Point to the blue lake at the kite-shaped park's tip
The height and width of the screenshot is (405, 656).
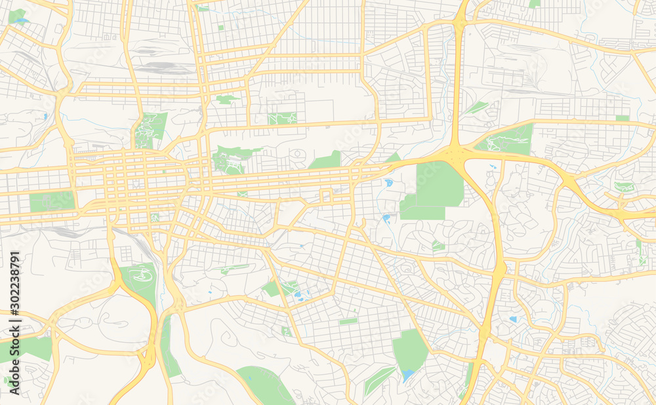point(408,375)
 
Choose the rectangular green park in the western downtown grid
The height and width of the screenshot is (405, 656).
point(51,201)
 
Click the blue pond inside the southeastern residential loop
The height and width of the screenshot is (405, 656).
point(512,319)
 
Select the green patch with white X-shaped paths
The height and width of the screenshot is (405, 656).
point(283,118)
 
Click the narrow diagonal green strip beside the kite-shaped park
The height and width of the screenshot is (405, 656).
point(379,379)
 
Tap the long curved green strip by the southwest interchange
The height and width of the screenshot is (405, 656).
point(169,347)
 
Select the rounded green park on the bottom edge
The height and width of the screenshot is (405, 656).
point(266,385)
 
